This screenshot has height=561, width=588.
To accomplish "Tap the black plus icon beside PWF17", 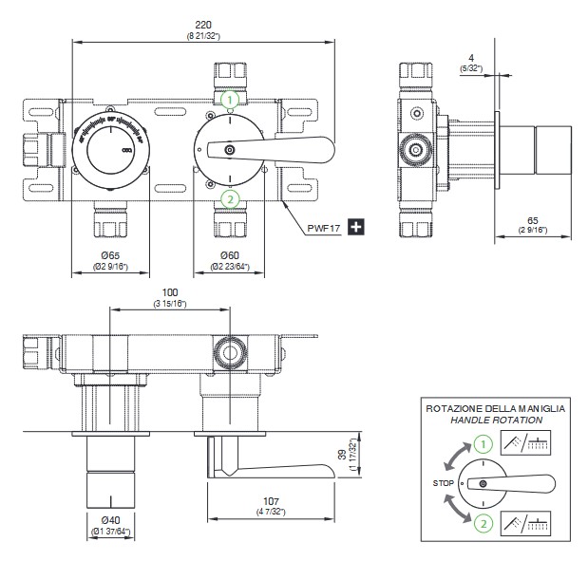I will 357,226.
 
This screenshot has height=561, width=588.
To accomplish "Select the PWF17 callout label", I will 325,227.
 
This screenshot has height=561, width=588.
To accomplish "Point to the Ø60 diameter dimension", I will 228,256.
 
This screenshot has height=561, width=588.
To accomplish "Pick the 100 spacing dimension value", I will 170,291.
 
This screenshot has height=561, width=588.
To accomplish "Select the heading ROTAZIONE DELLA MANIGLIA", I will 496,407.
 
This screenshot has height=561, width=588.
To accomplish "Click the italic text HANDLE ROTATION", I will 496,420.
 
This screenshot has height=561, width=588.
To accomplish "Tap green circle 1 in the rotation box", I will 484,442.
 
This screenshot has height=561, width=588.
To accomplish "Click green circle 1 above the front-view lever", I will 229,98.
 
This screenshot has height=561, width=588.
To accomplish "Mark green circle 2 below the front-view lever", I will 229,198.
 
